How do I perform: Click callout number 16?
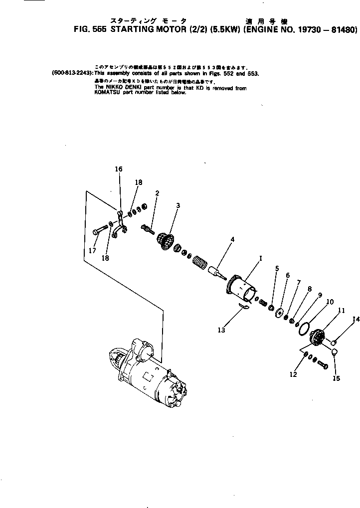point(119,169)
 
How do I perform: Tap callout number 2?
point(157,192)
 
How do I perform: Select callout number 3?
point(178,205)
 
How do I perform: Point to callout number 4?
point(232,239)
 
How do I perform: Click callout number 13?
point(221,330)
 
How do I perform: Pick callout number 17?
point(92,251)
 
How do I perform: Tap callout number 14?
point(356,320)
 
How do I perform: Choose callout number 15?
point(337,378)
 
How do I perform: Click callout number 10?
point(330,302)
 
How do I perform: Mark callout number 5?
point(277,269)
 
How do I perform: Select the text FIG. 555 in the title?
point(89,29)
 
